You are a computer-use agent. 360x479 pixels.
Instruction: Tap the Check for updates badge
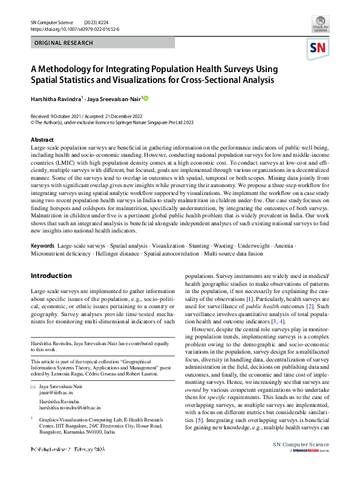pyautogui.click(x=320, y=26)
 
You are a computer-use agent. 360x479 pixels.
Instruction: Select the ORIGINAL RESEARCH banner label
pyautogui.click(x=64, y=43)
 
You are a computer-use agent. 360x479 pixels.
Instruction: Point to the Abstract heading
pyautogui.click(x=42, y=139)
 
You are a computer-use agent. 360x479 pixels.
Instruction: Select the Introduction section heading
pyautogui.click(x=51, y=276)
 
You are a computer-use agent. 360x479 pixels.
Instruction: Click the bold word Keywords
pyautogui.click(x=42, y=246)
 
